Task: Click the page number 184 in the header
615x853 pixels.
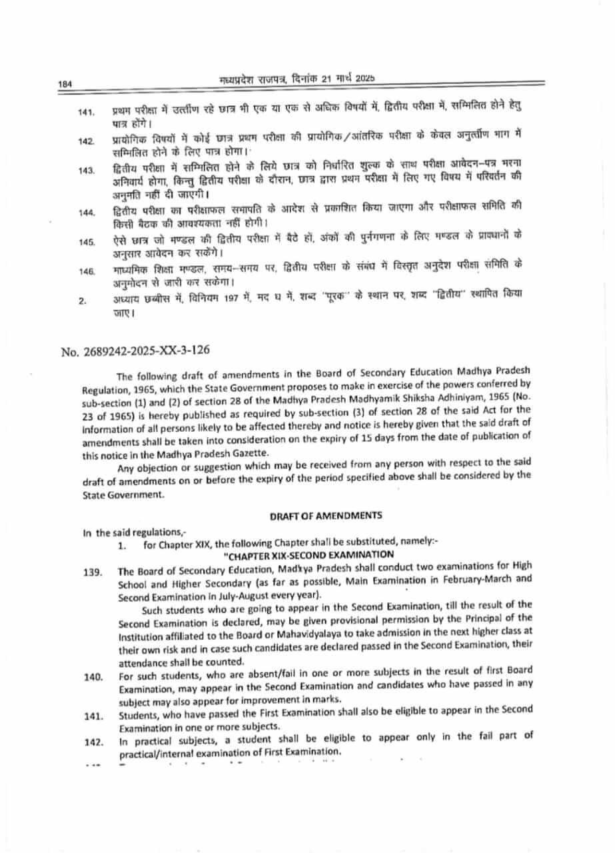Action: pyautogui.click(x=65, y=84)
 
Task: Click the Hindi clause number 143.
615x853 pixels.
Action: pyautogui.click(x=86, y=171)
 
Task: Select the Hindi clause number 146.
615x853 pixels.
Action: pyautogui.click(x=86, y=271)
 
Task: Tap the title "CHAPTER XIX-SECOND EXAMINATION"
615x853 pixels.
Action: pyautogui.click(x=308, y=554)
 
